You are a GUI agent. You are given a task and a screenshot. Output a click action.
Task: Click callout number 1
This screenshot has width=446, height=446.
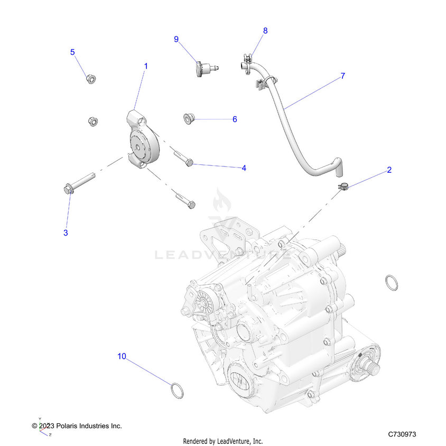tap(146, 66)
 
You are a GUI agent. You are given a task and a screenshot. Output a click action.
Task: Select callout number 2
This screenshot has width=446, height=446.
tap(389, 170)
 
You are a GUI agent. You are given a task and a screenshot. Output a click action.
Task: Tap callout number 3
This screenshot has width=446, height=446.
tap(66, 233)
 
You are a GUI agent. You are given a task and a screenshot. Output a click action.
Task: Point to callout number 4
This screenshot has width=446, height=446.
tap(244, 168)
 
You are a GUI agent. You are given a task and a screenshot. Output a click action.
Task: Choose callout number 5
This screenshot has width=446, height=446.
tap(73, 52)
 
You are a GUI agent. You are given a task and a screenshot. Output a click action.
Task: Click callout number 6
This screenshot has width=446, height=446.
tap(235, 119)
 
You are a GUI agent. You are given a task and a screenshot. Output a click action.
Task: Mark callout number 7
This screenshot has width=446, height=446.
tap(342, 76)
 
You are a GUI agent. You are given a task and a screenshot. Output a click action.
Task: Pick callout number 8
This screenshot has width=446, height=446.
tap(265, 31)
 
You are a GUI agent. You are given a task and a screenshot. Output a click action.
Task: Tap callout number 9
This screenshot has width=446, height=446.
tap(176, 39)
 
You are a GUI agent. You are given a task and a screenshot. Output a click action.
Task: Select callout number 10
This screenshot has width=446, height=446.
tap(122, 356)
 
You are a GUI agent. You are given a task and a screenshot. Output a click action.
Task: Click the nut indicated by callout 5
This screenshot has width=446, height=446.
tap(90, 79)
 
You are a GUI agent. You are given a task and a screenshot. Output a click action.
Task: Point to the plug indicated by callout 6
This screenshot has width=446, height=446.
tap(188, 118)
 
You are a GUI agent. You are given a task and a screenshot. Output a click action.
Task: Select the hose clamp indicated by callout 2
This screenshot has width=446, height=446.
tap(343, 185)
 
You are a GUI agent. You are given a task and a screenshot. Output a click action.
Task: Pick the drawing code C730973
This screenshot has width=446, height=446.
tap(402, 434)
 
